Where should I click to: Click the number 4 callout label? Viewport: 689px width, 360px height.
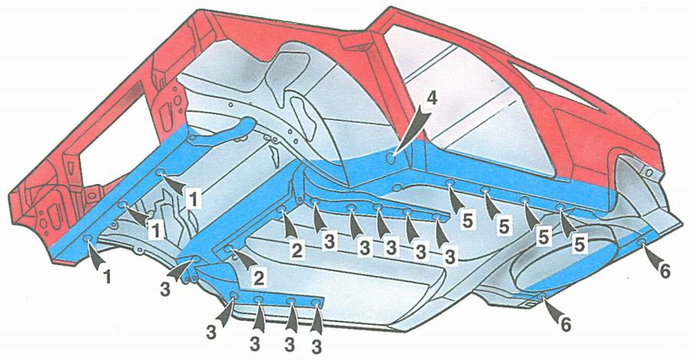click(433, 100)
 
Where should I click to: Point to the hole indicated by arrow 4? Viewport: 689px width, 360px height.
click(390, 156)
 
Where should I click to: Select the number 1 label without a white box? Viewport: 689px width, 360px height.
click(107, 277)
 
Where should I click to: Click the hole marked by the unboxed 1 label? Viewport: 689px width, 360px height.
click(88, 239)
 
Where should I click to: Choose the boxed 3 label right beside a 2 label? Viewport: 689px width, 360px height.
click(329, 241)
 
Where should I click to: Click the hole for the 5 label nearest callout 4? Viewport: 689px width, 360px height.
click(449, 182)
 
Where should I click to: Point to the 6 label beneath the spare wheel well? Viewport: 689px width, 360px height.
click(565, 325)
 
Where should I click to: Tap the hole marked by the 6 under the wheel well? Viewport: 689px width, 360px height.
click(542, 296)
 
